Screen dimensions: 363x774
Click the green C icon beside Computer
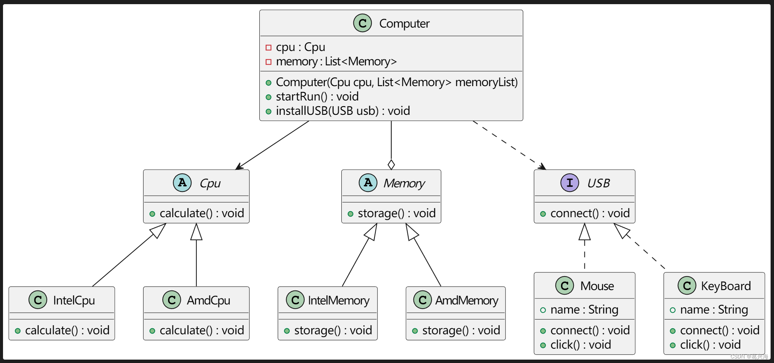point(362,23)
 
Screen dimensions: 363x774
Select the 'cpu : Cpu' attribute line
point(300,47)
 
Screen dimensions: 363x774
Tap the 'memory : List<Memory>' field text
point(336,62)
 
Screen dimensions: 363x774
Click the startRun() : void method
point(317,97)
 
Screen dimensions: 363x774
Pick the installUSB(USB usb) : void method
point(342,111)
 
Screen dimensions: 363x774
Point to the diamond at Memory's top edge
point(391,165)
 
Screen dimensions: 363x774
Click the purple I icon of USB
point(569,183)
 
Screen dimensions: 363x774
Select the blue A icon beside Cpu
point(182,183)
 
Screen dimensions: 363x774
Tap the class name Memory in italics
point(404,183)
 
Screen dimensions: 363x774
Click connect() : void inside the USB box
point(590,213)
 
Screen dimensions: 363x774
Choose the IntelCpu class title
point(74,300)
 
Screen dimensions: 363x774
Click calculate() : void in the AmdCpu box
point(202,331)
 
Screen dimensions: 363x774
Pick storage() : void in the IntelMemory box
point(333,331)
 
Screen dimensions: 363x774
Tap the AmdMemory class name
point(467,300)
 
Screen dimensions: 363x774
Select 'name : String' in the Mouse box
point(584,310)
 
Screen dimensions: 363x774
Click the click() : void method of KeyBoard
point(710,345)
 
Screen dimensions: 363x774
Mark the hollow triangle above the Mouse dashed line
point(584,233)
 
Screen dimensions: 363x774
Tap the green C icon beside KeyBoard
point(687,286)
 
